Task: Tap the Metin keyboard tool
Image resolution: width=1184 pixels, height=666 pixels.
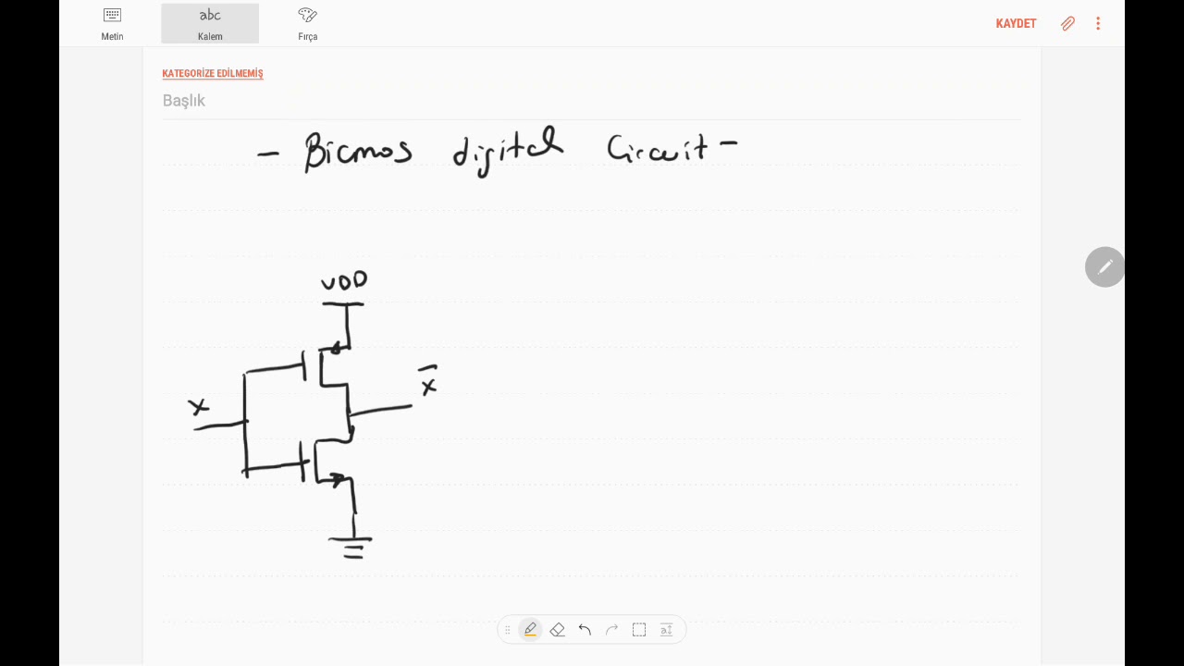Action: point(112,24)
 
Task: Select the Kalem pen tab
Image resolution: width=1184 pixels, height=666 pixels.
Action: point(210,24)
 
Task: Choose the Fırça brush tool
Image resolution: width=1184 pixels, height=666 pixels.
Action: point(308,24)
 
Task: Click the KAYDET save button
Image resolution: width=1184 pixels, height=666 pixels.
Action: point(1016,24)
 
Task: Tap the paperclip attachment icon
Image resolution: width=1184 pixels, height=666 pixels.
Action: point(1067,23)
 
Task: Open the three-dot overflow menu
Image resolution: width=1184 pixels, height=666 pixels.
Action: point(1098,23)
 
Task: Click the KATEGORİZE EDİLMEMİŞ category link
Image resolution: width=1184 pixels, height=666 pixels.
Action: point(213,73)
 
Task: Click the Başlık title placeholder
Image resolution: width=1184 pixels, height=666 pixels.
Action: point(183,101)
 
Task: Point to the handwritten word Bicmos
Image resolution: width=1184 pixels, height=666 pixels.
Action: point(358,151)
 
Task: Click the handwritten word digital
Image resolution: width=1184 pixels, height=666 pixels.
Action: point(508,151)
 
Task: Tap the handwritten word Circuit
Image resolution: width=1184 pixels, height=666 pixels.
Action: point(658,149)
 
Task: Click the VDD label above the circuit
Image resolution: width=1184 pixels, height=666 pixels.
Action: point(344,280)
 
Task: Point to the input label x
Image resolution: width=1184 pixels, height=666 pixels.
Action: point(198,407)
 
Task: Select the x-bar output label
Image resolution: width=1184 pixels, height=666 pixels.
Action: point(428,380)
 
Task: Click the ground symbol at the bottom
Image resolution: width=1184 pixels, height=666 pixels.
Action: point(351,548)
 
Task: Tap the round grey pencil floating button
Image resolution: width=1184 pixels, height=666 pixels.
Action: point(1104,267)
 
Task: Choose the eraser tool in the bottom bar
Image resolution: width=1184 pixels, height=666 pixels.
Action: point(558,630)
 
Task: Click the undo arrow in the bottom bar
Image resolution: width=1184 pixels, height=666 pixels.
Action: point(585,630)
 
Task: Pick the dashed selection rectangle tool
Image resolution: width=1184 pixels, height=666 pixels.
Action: point(639,630)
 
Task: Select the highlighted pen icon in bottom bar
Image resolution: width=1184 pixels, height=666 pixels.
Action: point(530,630)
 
